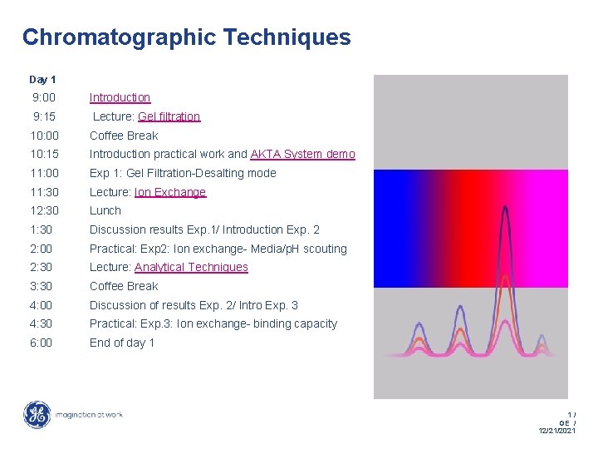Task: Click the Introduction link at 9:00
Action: click(x=120, y=97)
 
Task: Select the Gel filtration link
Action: click(x=169, y=116)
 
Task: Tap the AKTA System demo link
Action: click(x=302, y=154)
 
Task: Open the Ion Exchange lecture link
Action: click(x=169, y=192)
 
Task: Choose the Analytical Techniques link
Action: click(x=191, y=267)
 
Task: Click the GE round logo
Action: click(x=37, y=414)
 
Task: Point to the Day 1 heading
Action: click(x=42, y=80)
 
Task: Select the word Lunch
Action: click(x=105, y=210)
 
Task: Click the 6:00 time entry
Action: click(x=41, y=343)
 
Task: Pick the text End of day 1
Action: click(x=122, y=343)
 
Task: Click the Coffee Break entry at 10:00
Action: click(x=124, y=136)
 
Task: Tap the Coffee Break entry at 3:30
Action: click(x=124, y=286)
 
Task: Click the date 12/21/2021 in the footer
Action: click(x=556, y=431)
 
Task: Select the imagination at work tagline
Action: click(x=89, y=414)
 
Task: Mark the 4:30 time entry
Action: click(x=41, y=323)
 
